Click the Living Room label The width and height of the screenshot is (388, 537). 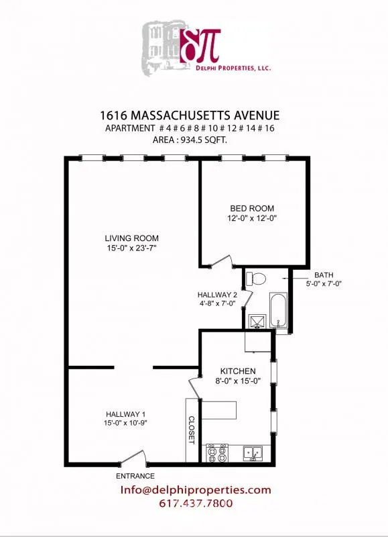pyautogui.click(x=131, y=238)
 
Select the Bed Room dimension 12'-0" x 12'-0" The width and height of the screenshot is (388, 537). pyautogui.click(x=252, y=218)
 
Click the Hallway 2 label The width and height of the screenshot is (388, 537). pyautogui.click(x=217, y=295)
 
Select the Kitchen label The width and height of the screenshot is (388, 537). pyautogui.click(x=239, y=371)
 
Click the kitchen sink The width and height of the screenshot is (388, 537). pyautogui.click(x=253, y=454)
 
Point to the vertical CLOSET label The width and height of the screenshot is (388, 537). pyautogui.click(x=191, y=430)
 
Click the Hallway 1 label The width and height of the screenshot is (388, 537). pyautogui.click(x=125, y=414)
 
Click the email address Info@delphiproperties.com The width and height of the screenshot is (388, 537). pyautogui.click(x=196, y=490)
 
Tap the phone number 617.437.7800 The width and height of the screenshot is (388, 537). pyautogui.click(x=196, y=503)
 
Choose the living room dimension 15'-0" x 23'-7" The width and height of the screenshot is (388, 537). pyautogui.click(x=131, y=249)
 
